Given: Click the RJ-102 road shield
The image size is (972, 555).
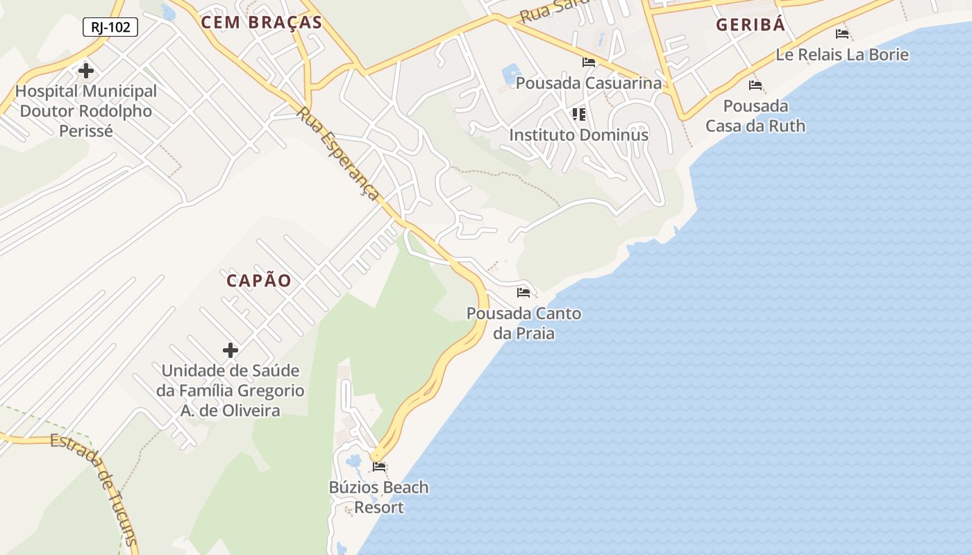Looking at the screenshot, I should pyautogui.click(x=110, y=28).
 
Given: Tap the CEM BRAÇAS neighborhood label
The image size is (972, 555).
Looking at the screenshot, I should pyautogui.click(x=262, y=22).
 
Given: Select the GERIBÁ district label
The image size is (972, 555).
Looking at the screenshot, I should pyautogui.click(x=751, y=25).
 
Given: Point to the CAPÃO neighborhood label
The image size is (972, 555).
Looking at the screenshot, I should pyautogui.click(x=259, y=281).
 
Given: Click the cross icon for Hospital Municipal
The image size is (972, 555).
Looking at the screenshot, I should pyautogui.click(x=86, y=71).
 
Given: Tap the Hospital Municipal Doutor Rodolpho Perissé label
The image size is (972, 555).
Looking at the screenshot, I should pyautogui.click(x=86, y=111).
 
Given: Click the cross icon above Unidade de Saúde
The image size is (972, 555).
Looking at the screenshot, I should pyautogui.click(x=231, y=350).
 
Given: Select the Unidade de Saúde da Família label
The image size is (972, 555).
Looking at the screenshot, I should pyautogui.click(x=231, y=391).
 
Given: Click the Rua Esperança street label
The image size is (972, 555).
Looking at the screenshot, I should pyautogui.click(x=340, y=155).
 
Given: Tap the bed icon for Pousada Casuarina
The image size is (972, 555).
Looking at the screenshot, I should pyautogui.click(x=589, y=62).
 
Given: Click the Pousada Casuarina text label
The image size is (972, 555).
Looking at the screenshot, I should pyautogui.click(x=589, y=83).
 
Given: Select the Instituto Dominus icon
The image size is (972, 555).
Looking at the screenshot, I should pyautogui.click(x=579, y=114).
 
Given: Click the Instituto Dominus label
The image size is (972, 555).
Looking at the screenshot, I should pyautogui.click(x=579, y=135).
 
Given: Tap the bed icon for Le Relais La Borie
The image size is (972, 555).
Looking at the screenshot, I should pyautogui.click(x=842, y=34).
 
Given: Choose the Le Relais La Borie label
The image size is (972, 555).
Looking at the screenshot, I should pyautogui.click(x=842, y=55).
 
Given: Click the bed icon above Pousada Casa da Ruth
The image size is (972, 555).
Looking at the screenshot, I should pyautogui.click(x=755, y=85).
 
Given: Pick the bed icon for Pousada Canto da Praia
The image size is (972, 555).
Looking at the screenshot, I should pyautogui.click(x=523, y=293).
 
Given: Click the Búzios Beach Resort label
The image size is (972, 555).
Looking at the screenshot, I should pyautogui.click(x=379, y=497).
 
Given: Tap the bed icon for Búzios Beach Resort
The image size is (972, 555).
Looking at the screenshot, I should pyautogui.click(x=379, y=466).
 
